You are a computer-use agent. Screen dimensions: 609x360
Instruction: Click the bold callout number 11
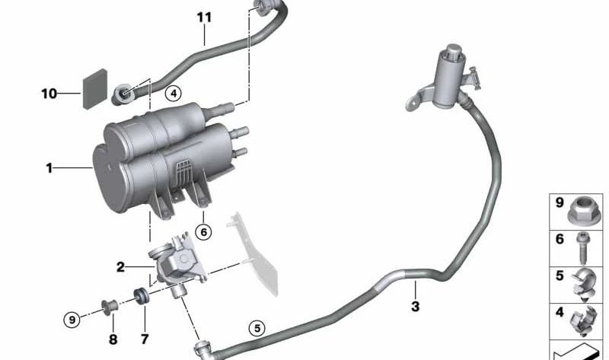[x=204, y=18]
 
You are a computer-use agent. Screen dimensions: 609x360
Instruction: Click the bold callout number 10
[x=49, y=94]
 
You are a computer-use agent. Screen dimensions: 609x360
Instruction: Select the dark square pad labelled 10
[x=95, y=89]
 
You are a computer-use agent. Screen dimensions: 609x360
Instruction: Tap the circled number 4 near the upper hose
[x=174, y=93]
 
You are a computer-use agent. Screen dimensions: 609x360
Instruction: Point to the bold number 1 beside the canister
[x=49, y=168]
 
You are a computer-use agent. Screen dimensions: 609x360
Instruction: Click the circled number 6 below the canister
[x=203, y=232]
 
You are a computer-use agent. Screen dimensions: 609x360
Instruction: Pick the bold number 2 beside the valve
[x=120, y=267]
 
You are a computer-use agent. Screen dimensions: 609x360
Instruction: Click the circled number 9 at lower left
[x=72, y=320]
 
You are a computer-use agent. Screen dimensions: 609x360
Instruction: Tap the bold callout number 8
[x=113, y=339]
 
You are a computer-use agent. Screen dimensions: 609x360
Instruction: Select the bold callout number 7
[x=145, y=339]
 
